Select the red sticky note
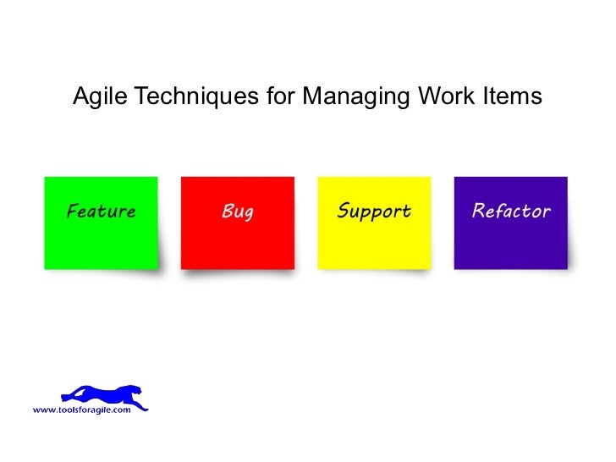pos(238,241)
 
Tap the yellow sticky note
pos(374,241)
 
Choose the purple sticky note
pos(510,241)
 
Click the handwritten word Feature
pos(101,211)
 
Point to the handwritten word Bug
pos(237,212)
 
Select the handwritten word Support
pos(374,212)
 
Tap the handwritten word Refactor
pos(511,211)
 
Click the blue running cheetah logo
pos(102,394)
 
